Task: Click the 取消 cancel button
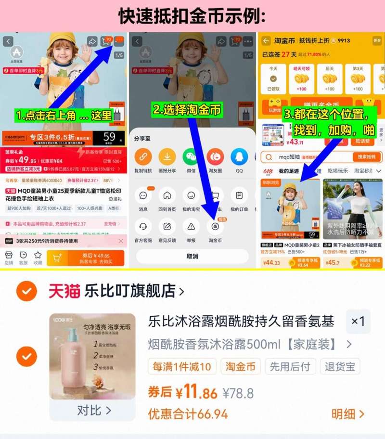click(192, 257)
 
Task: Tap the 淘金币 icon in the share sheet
click(215, 227)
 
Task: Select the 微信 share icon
click(191, 157)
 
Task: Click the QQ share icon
click(239, 157)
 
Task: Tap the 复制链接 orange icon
click(143, 157)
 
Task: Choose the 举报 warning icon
click(191, 227)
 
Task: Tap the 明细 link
click(347, 414)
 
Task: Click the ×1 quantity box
click(358, 322)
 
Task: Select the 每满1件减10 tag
click(182, 367)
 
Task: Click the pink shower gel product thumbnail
click(93, 356)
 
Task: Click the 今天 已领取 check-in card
click(273, 79)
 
